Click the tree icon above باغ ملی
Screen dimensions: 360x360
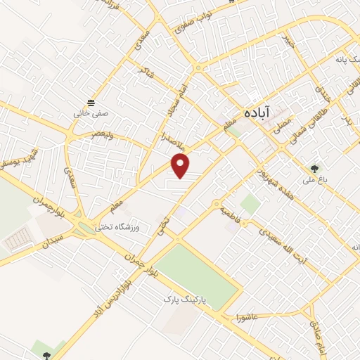314,168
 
